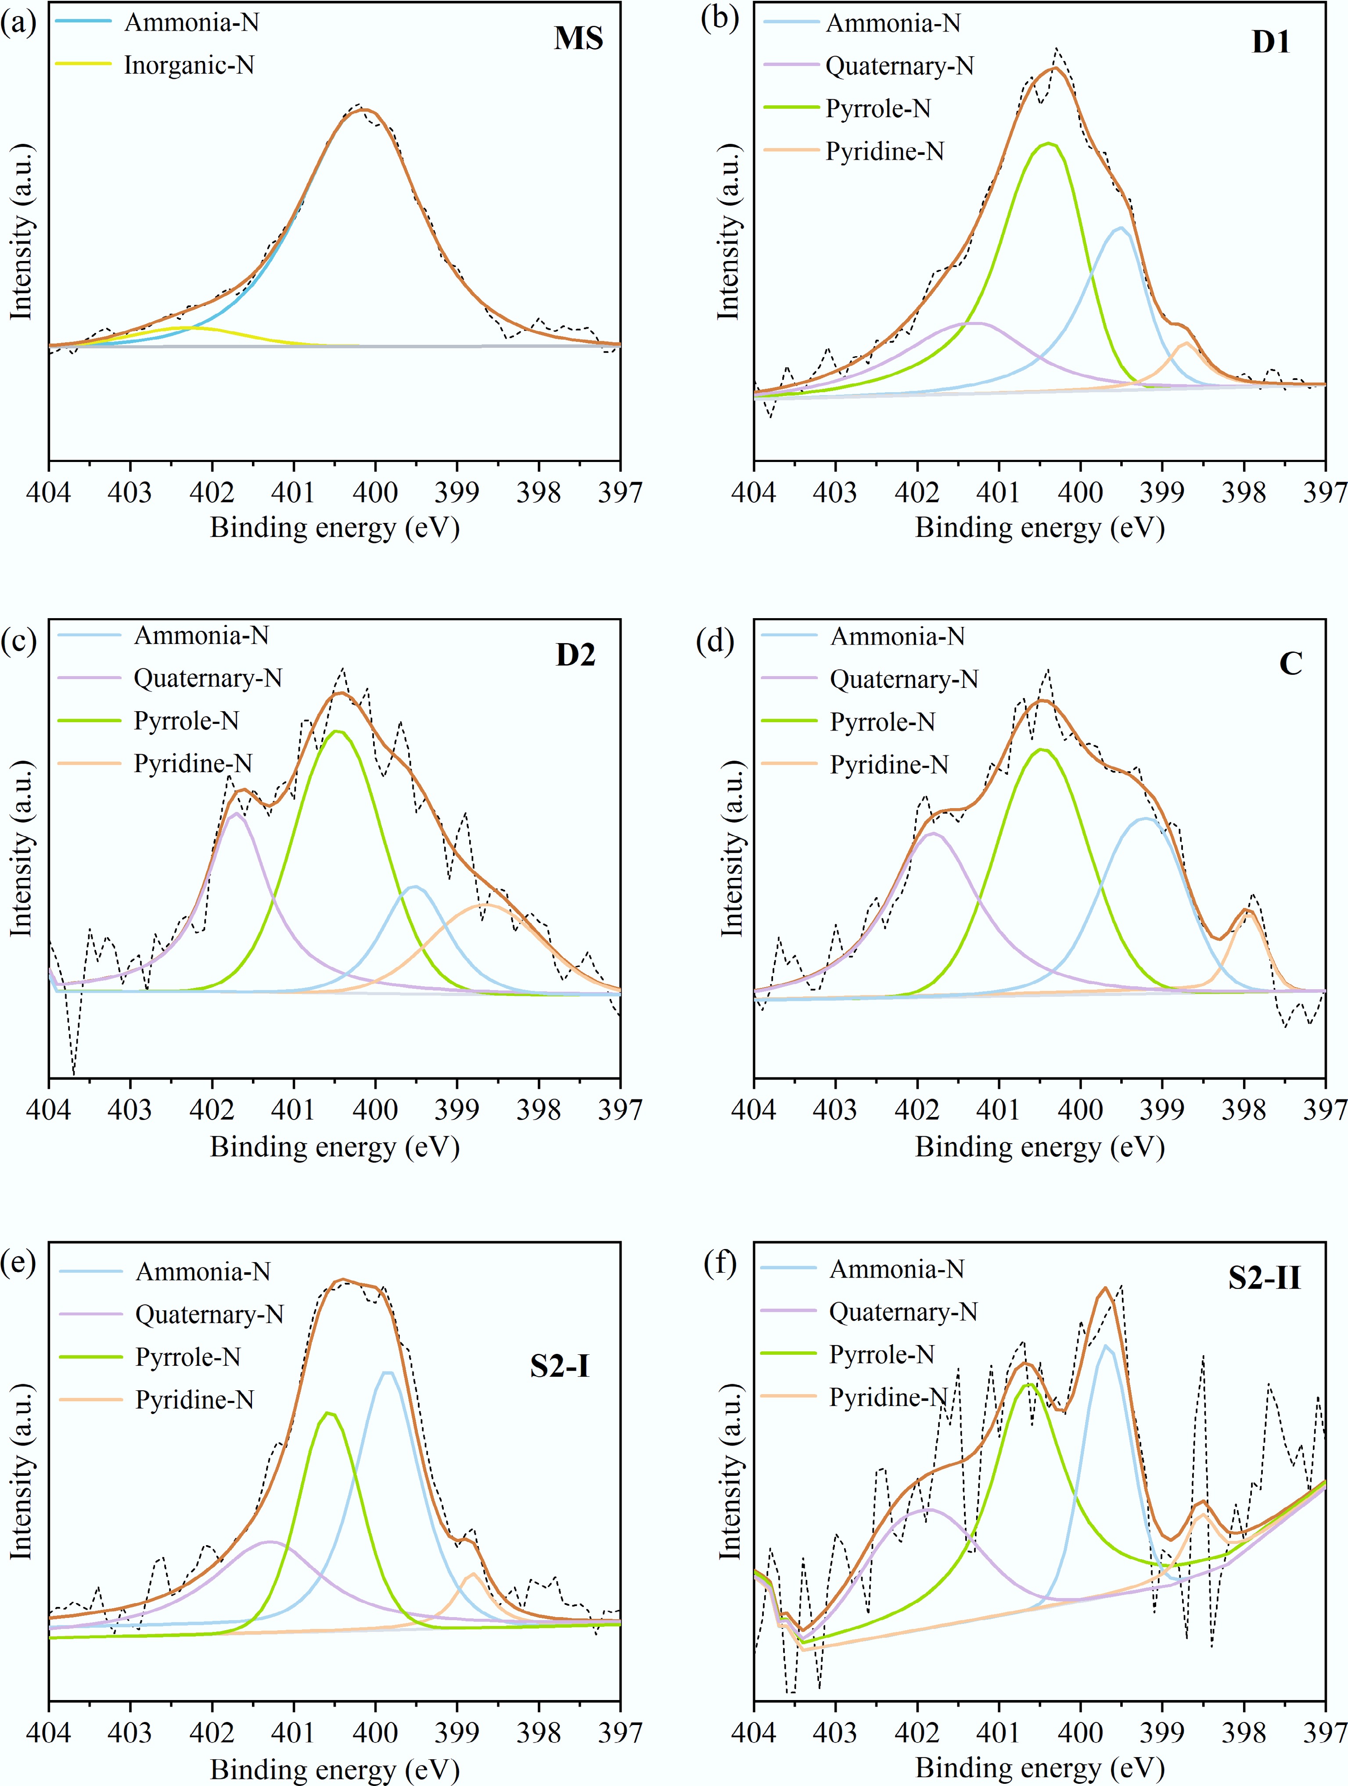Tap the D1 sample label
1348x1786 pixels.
[x=1270, y=42]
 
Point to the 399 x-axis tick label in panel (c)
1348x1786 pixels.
[x=457, y=1110]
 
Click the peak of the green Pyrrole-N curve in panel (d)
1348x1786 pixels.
[x=1042, y=750]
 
